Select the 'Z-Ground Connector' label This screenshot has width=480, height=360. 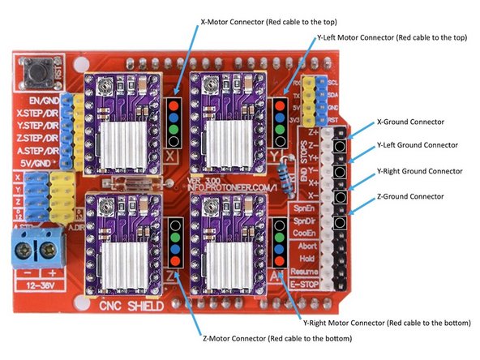[410, 196]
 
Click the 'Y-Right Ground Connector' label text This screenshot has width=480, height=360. [420, 172]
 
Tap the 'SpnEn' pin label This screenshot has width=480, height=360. [303, 208]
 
